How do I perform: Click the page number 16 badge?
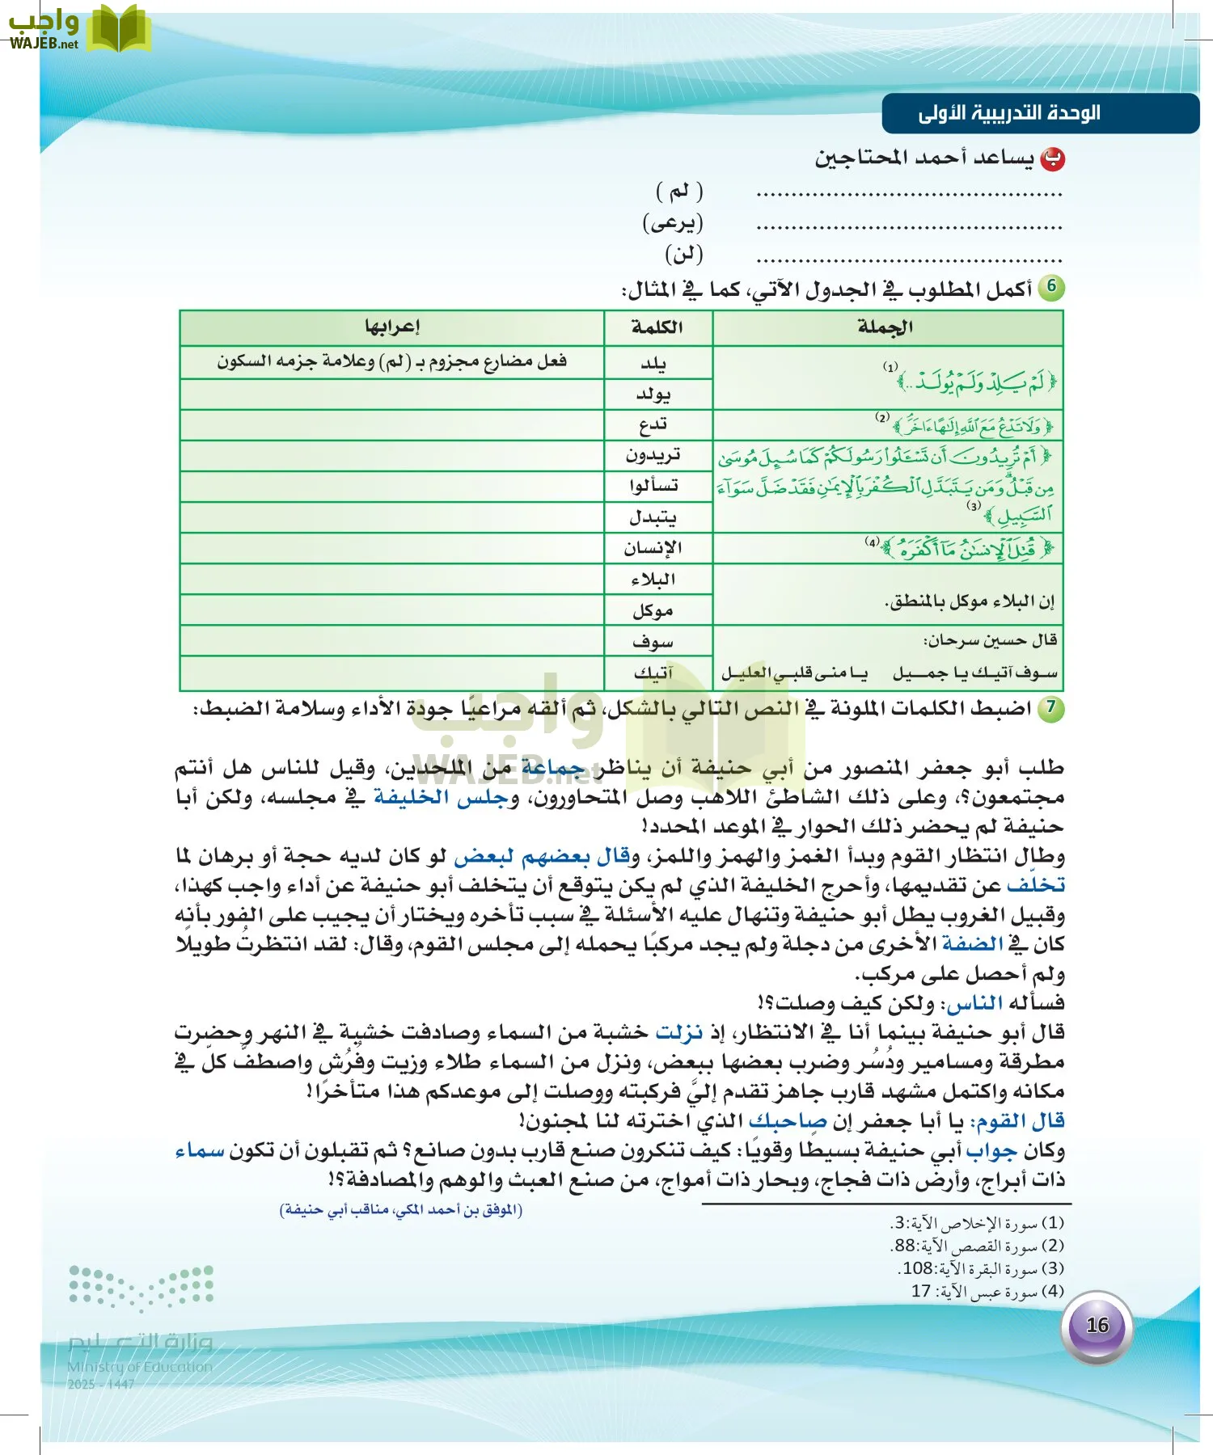tap(1097, 1326)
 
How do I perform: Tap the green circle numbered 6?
tap(1050, 286)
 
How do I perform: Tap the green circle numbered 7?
tap(1050, 707)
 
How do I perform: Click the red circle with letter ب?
tap(1052, 159)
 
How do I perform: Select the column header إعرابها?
tap(391, 327)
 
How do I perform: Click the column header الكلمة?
tap(657, 327)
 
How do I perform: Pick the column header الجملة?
tap(885, 327)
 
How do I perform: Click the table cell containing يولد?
tap(653, 394)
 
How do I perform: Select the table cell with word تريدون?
tap(653, 455)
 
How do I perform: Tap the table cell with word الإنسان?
tap(653, 548)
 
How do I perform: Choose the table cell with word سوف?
tap(653, 642)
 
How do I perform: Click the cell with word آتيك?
tap(653, 673)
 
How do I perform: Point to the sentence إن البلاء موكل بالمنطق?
tap(970, 601)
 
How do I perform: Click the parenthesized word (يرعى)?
tap(673, 222)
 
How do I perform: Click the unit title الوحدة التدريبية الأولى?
tap(1010, 113)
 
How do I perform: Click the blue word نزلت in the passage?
tap(679, 1032)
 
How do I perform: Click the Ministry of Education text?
tap(140, 1367)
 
